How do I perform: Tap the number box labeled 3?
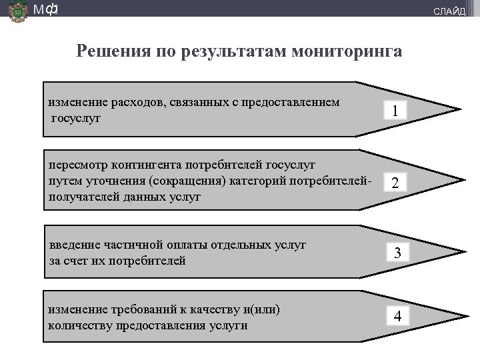[397, 253]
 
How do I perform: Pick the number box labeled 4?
[397, 316]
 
